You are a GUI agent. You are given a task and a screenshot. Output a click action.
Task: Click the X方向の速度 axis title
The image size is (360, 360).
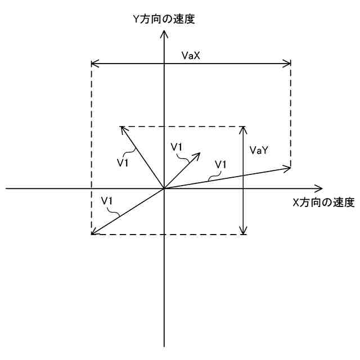tap(323, 203)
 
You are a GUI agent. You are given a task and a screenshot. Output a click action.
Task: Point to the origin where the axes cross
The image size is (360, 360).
tap(164, 188)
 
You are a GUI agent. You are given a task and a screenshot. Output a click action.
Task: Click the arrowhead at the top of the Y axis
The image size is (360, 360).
tap(164, 33)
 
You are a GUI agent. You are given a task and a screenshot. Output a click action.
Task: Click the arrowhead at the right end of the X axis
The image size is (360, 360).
tap(321, 188)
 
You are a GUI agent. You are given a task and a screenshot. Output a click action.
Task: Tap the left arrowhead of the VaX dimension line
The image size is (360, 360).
tap(94, 63)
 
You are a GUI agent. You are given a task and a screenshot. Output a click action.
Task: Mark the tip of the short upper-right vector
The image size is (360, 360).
tap(200, 153)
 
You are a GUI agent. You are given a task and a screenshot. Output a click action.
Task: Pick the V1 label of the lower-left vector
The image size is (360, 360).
tap(107, 201)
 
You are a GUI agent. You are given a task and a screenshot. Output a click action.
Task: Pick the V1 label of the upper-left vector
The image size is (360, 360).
tap(123, 163)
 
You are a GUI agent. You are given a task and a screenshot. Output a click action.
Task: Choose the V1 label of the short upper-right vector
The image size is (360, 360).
tap(177, 147)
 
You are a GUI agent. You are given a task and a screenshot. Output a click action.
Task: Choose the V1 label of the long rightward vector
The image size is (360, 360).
tap(220, 164)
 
